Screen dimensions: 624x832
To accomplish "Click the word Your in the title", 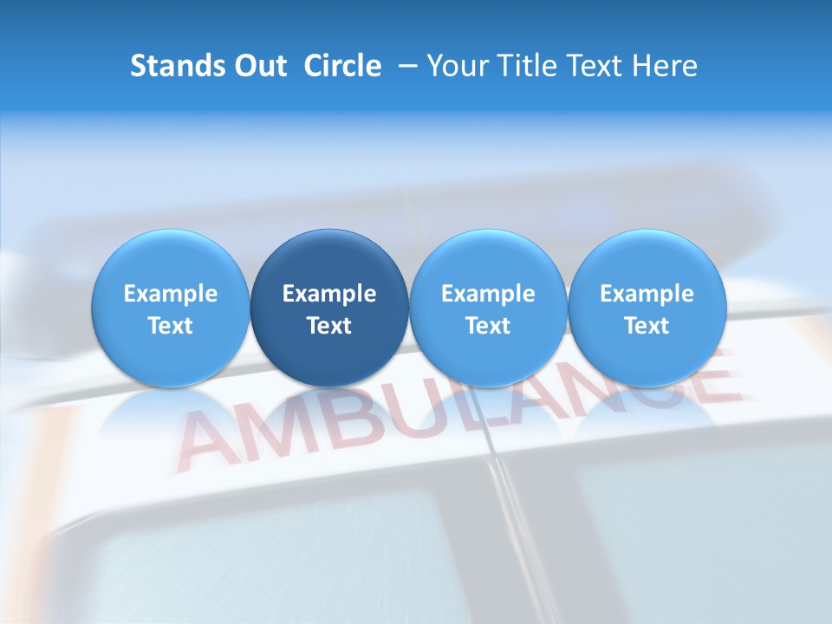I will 455,66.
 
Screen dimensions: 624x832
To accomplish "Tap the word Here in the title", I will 666,66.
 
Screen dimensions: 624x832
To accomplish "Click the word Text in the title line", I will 595,66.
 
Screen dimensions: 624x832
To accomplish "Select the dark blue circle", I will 329,309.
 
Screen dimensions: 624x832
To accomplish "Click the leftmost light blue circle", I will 170,309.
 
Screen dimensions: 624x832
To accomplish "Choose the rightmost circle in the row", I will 647,309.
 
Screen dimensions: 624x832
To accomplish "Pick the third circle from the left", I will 488,309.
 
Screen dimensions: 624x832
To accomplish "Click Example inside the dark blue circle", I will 329,294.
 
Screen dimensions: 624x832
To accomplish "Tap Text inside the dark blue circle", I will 329,326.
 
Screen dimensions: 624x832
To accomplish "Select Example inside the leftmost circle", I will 170,294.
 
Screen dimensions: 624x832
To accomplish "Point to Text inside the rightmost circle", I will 647,326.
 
